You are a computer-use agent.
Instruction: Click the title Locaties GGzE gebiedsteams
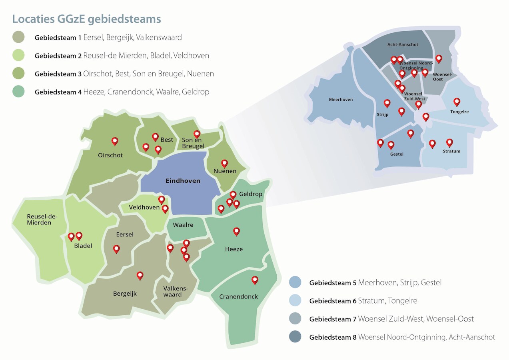pos(87,19)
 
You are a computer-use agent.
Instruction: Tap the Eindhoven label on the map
pos(183,181)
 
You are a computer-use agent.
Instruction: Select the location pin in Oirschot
pos(115,141)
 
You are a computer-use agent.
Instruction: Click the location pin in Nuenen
pos(225,163)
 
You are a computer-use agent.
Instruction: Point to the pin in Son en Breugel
pos(197,134)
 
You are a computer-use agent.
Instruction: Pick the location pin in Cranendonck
pos(255,280)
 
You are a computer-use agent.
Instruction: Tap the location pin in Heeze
pos(236,231)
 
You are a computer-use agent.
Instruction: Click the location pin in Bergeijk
pos(140,275)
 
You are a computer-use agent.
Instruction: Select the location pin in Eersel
pos(116,249)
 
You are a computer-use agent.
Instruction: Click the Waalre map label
pos(183,225)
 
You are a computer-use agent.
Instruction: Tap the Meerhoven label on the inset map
pos(341,100)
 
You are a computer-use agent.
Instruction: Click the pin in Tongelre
pos(457,102)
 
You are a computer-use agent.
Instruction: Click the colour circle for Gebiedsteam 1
pos(18,37)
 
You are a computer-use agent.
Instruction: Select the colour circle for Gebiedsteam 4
pos(18,92)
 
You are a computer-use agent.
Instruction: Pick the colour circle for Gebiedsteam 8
pos(295,337)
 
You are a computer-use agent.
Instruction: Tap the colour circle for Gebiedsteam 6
pos(295,300)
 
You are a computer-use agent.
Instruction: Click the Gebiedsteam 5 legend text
pos(375,282)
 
